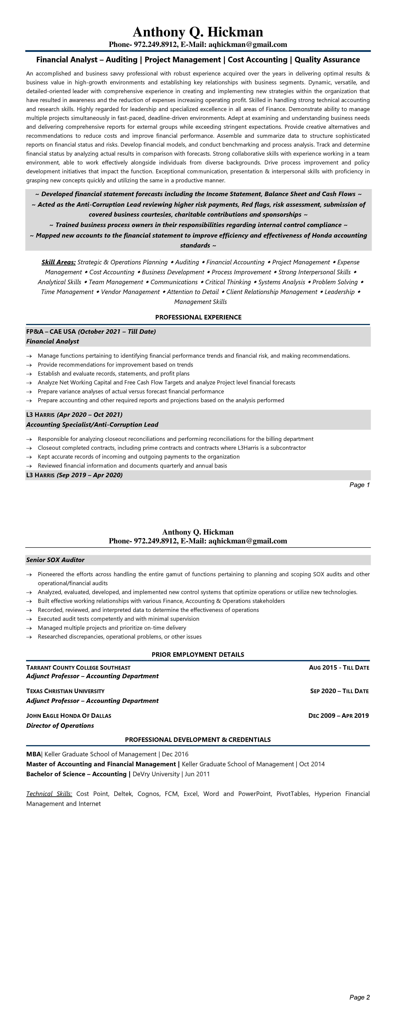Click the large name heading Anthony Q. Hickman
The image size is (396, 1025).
(198, 32)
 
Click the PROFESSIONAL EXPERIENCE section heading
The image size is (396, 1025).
(198, 317)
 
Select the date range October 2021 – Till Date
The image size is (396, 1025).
(117, 331)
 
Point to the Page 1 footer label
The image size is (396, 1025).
(359, 485)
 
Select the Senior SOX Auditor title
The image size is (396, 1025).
(55, 560)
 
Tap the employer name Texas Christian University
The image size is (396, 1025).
(65, 691)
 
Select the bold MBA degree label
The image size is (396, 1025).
(33, 754)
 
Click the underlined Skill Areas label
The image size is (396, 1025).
(59, 262)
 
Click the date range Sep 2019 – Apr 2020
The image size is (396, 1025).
(90, 475)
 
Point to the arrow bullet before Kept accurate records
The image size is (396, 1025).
(29, 457)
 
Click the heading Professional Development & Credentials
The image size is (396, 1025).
(198, 740)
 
